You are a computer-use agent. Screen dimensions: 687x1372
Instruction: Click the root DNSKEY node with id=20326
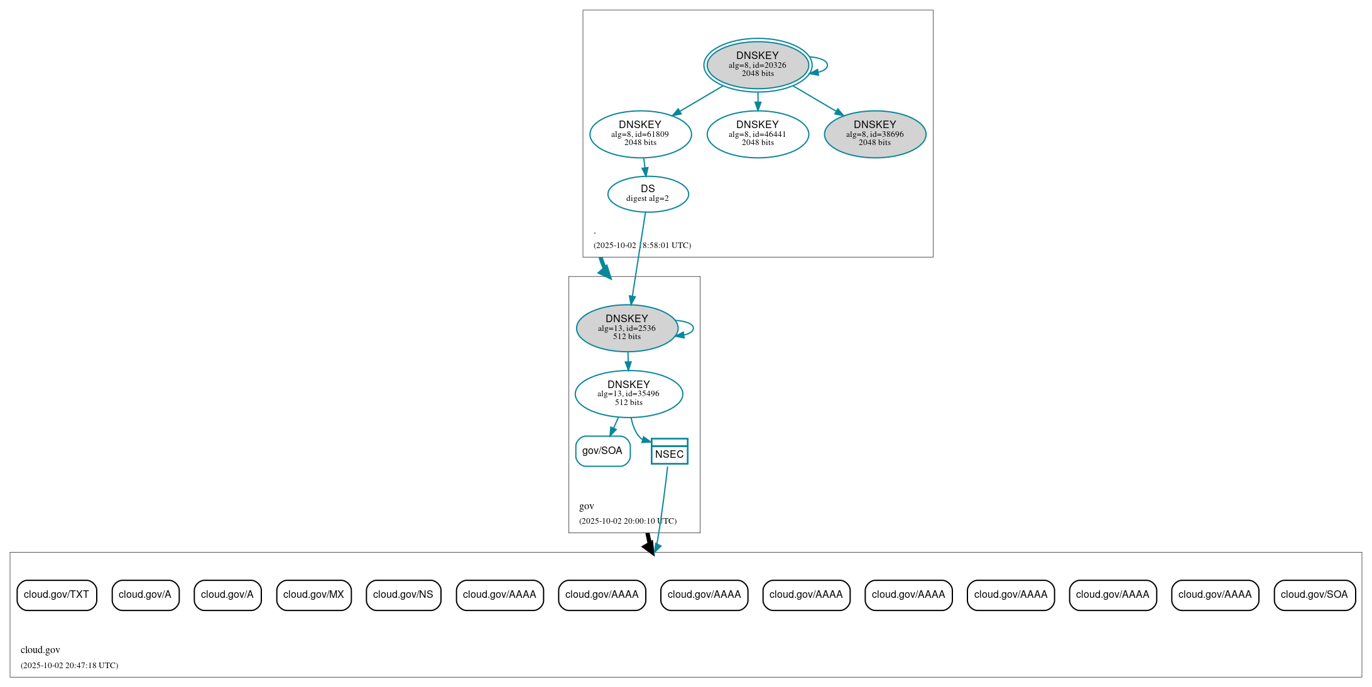757,65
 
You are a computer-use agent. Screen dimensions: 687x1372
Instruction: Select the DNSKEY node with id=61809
640,134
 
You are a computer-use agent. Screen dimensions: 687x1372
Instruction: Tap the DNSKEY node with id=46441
757,134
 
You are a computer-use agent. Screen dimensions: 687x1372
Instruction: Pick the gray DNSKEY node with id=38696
874,134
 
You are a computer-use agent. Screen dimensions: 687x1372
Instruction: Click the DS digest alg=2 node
648,193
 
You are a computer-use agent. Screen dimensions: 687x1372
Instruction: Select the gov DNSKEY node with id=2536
626,328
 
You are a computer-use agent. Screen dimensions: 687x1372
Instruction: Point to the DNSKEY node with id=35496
628,394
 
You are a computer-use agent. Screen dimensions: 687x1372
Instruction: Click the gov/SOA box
602,451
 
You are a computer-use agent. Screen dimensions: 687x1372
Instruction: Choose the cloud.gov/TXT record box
57,595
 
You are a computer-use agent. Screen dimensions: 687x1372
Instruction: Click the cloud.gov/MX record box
313,595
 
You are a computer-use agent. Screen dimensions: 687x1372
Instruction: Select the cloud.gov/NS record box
403,595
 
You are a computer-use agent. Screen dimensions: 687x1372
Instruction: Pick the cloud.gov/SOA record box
1314,595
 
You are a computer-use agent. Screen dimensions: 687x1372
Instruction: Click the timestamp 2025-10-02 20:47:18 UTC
69,666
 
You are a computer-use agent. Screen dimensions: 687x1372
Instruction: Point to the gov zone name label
586,506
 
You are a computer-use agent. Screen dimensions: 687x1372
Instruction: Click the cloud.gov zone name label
40,650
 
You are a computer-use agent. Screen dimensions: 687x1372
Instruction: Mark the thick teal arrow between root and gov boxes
604,269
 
